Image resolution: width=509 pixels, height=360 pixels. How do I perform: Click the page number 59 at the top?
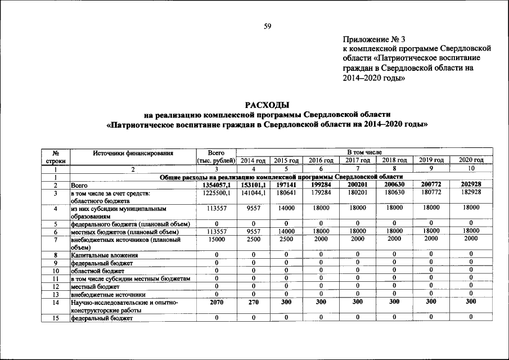pos(268,25)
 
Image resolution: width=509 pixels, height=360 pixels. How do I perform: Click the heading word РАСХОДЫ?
pos(267,105)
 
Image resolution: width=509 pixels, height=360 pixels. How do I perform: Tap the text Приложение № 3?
pos(373,39)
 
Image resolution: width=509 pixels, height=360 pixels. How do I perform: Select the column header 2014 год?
pos(253,161)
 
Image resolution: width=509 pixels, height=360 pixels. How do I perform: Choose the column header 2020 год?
pos(471,161)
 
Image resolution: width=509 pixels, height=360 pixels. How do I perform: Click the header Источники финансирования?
pos(133,152)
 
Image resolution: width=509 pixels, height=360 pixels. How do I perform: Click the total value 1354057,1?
pos(216,185)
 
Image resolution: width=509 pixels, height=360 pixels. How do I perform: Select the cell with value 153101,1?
pos(253,185)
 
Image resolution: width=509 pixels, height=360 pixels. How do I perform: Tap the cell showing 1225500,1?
pos(216,193)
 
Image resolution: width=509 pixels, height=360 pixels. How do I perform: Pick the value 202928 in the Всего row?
pos(471,185)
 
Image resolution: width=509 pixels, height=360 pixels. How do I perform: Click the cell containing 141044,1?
pos(253,193)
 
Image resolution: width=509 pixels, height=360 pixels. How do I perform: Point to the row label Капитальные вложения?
pos(104,255)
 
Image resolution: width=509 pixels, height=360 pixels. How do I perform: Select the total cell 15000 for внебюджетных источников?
pos(216,239)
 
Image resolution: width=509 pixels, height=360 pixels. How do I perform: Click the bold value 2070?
pos(216,302)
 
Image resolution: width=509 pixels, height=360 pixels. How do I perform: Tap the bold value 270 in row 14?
pos(253,302)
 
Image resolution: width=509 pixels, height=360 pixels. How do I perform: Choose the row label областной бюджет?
pos(93,271)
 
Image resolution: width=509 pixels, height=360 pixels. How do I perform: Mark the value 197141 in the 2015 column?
pos(286,185)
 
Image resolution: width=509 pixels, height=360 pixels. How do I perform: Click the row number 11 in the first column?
pos(56,278)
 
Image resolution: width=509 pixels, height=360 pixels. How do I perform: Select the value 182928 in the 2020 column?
pos(471,193)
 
